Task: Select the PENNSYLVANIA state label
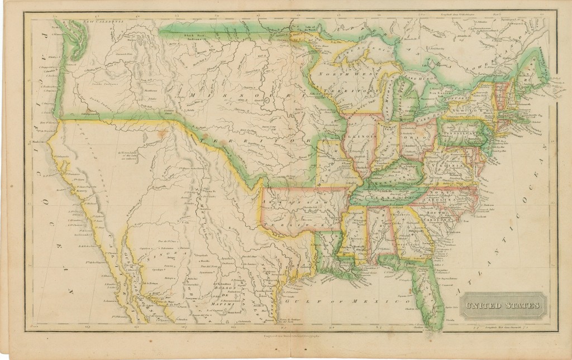pyautogui.click(x=461, y=135)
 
